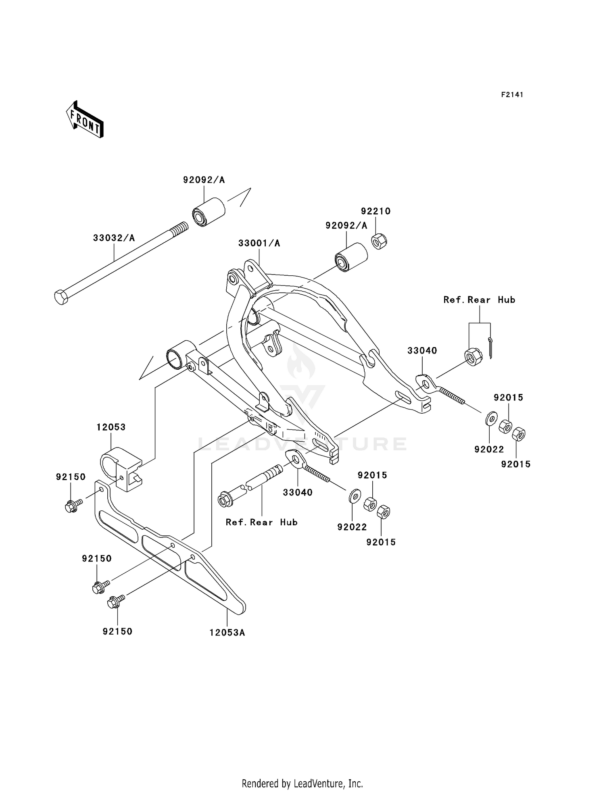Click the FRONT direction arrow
click(x=85, y=120)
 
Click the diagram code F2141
click(x=512, y=95)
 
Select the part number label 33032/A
click(x=114, y=238)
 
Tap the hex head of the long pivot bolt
click(x=61, y=297)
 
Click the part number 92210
click(x=376, y=211)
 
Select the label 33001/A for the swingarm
click(x=259, y=244)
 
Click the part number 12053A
click(x=227, y=633)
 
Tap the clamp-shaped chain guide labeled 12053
click(x=121, y=468)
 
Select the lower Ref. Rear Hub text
click(x=261, y=522)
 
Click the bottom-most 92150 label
click(x=117, y=631)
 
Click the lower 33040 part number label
click(x=298, y=492)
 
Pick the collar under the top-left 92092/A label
click(x=208, y=212)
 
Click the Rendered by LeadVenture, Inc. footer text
click(x=302, y=783)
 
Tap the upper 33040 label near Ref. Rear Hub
click(x=422, y=351)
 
